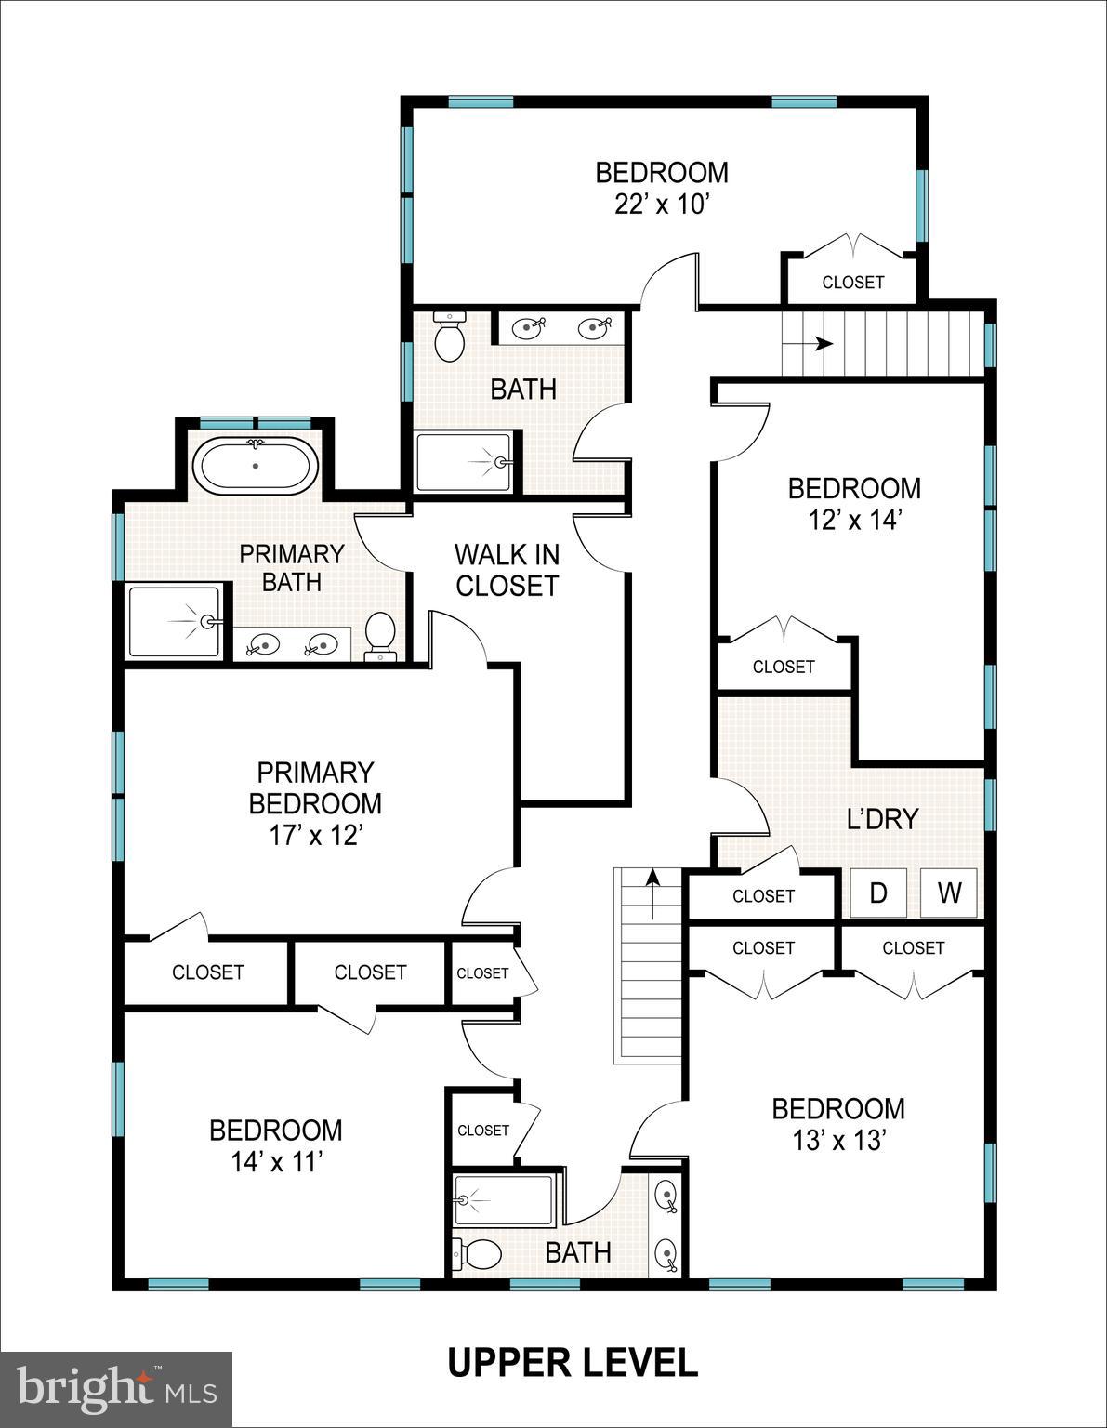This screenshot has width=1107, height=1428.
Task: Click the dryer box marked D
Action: click(878, 893)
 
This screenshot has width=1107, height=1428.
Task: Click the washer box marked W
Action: click(949, 893)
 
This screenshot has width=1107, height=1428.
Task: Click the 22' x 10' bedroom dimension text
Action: click(662, 205)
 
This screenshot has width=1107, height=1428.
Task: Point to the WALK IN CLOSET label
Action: click(507, 570)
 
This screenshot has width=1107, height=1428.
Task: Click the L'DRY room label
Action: click(882, 818)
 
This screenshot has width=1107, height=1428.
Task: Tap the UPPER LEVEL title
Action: click(573, 1363)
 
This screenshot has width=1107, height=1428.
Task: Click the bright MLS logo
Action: click(116, 1389)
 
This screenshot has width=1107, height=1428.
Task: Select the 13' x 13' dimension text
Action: click(837, 1140)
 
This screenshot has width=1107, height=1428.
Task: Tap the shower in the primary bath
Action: click(175, 621)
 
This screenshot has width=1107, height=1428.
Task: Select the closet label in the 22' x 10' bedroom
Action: click(852, 282)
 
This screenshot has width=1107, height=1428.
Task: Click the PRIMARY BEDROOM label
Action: click(315, 787)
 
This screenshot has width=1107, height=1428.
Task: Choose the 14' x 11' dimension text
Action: click(276, 1161)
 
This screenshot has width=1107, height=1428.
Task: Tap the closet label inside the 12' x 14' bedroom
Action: click(783, 667)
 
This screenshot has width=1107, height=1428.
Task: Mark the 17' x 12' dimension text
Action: click(315, 836)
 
